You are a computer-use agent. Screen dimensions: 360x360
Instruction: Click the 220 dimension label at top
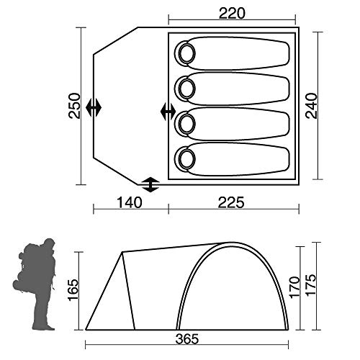[x=232, y=14]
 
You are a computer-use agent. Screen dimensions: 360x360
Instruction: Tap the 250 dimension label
[x=74, y=106]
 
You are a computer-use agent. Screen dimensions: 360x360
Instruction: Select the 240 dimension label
[x=311, y=106]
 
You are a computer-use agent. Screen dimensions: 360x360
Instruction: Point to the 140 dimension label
[x=130, y=202]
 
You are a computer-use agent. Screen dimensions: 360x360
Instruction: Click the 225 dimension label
[x=231, y=202]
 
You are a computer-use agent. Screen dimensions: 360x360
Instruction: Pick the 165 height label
[x=73, y=289]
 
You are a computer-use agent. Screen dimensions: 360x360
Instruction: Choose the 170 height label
[x=295, y=287]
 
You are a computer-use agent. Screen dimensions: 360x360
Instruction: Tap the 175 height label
[x=310, y=284]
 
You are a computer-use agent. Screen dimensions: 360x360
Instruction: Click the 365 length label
[x=187, y=339]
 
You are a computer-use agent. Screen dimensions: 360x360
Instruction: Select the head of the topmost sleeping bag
[x=186, y=53]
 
